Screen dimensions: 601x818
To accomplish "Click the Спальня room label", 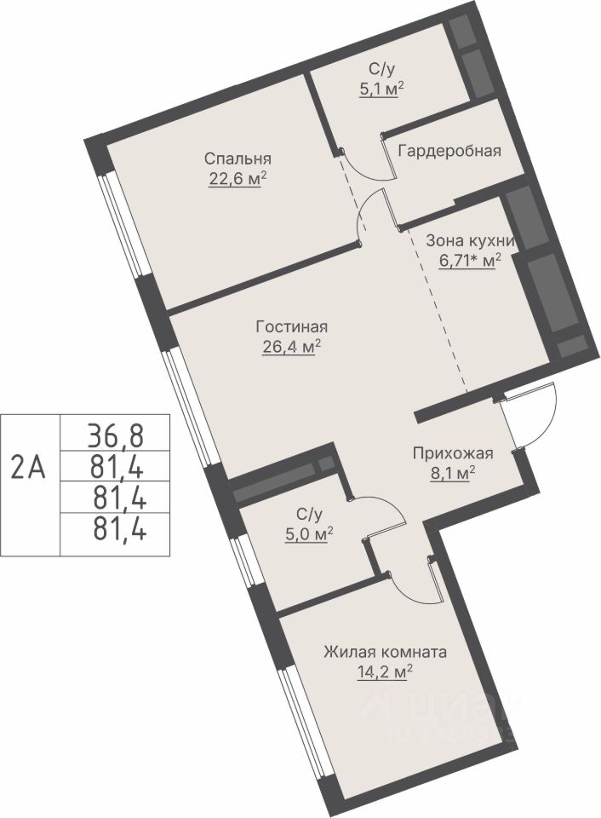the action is (238, 158).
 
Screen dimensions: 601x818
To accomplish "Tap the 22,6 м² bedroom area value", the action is (238, 179).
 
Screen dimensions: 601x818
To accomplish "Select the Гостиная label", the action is (292, 327).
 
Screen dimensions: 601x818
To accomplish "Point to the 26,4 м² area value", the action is (291, 347).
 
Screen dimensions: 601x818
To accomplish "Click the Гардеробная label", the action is (449, 152).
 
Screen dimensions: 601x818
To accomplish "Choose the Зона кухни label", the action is (471, 240).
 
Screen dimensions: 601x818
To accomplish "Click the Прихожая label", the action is (452, 453).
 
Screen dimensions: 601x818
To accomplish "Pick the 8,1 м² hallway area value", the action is (452, 473).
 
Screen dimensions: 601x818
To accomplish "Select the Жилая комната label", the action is (386, 652).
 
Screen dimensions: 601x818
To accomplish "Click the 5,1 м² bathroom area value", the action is (382, 89).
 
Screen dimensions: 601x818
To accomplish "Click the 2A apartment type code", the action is (29, 468).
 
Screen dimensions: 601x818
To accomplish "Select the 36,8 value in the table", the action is (115, 436).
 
